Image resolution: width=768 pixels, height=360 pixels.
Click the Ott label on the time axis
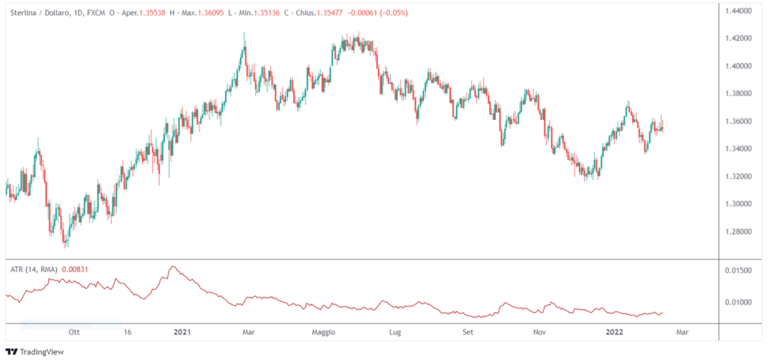pyautogui.click(x=74, y=331)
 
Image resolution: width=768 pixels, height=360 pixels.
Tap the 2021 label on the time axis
pyautogui.click(x=182, y=331)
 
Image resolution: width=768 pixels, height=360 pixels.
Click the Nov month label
pyautogui.click(x=538, y=331)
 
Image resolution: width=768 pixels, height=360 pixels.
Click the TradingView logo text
pyautogui.click(x=43, y=351)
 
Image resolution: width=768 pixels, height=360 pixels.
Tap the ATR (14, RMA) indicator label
pyautogui.click(x=34, y=268)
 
